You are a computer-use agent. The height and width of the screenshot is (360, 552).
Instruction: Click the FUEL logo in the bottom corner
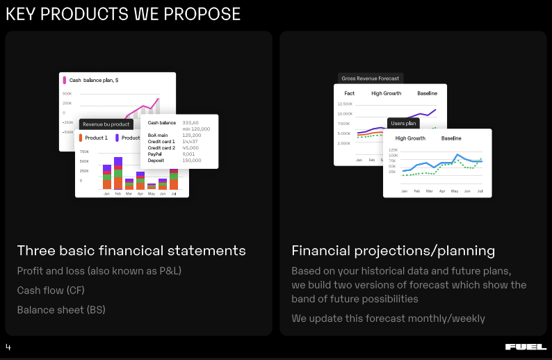(526, 347)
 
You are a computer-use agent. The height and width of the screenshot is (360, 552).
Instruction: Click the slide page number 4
(8, 347)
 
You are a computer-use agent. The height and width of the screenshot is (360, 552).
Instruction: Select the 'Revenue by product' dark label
(106, 124)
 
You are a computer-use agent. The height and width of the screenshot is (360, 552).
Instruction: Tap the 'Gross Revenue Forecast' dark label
(371, 79)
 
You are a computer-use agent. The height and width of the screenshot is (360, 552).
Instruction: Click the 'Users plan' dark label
(403, 123)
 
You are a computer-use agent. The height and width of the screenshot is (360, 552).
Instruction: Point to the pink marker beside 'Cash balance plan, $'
(65, 81)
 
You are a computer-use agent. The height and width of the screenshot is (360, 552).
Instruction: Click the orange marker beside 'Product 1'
(81, 138)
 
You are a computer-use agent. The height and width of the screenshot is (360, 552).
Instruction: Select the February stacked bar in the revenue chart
(117, 174)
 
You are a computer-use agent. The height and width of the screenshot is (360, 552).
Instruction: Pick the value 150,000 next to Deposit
(192, 161)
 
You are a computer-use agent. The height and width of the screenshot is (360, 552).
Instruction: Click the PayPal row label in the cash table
(156, 154)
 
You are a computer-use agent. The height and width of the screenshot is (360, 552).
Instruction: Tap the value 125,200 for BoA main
(192, 136)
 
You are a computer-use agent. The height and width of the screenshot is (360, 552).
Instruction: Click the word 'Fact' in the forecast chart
(349, 93)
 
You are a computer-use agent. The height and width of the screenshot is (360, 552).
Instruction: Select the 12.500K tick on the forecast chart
(345, 104)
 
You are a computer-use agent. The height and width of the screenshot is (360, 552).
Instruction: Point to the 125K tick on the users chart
(393, 149)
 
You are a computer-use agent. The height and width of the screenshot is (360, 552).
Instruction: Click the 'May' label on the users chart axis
(454, 191)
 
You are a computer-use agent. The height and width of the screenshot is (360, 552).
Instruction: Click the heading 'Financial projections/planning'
(393, 251)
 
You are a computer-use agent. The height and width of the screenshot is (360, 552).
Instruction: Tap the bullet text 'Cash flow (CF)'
(51, 291)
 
